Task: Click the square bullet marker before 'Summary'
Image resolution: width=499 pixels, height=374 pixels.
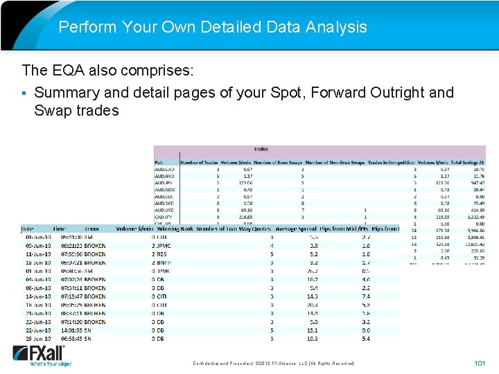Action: pos(25,93)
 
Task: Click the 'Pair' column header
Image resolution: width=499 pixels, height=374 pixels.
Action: pos(160,162)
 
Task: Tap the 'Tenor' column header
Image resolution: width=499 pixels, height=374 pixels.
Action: pos(92,229)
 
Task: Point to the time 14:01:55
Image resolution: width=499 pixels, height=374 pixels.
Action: pos(66,330)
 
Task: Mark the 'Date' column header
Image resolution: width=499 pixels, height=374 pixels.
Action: pos(27,229)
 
